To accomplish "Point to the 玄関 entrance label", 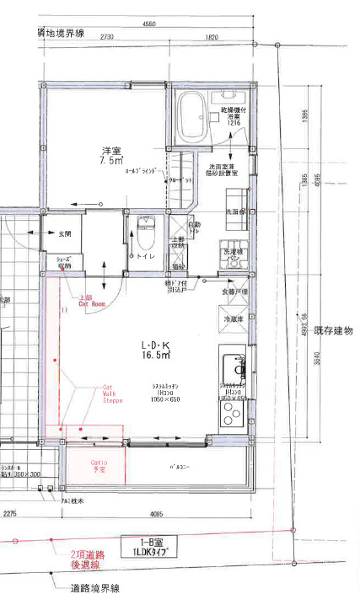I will [x=64, y=233].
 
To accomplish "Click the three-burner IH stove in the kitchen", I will [x=232, y=412].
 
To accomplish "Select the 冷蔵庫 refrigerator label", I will [x=234, y=320].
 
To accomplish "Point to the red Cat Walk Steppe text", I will [x=112, y=393].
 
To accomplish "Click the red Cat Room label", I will [x=91, y=301].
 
